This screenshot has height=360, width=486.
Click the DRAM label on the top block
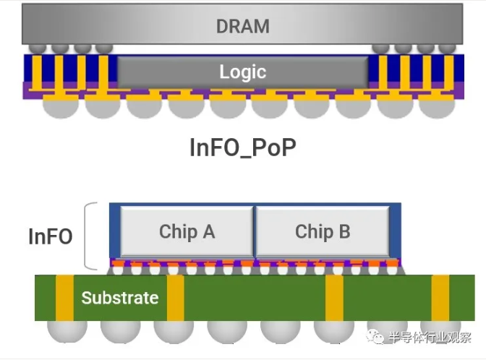[x=242, y=26]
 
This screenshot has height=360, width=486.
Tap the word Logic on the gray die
[x=242, y=72]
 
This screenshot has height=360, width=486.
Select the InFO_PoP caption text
[x=242, y=147]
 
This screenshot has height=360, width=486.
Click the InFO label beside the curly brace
[x=51, y=236]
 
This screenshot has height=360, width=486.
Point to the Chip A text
[x=187, y=231]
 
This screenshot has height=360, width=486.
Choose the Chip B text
[x=323, y=231]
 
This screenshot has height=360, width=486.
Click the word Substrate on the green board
[x=119, y=298]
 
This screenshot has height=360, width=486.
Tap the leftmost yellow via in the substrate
[x=64, y=298]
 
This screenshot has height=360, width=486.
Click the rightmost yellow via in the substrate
[x=440, y=298]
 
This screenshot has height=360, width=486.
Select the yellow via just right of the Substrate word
[x=176, y=298]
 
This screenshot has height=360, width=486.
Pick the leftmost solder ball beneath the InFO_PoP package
[x=61, y=107]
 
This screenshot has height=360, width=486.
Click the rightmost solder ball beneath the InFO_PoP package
[x=437, y=107]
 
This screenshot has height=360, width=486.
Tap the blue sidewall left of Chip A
[x=114, y=231]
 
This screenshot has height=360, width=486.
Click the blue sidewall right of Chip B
[x=396, y=231]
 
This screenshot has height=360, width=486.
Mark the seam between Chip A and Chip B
[x=255, y=231]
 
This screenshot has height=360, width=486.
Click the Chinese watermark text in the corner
[x=430, y=338]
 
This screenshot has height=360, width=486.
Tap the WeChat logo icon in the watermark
[x=375, y=338]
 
